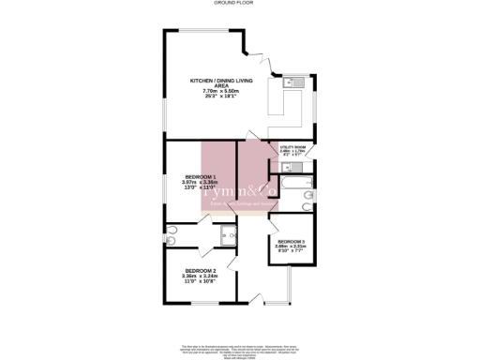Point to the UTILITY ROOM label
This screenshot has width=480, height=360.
tap(294, 147)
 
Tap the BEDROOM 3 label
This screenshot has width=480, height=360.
tap(292, 242)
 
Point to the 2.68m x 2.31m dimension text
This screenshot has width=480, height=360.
tap(292, 247)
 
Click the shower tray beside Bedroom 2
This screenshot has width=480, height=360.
tap(225, 235)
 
